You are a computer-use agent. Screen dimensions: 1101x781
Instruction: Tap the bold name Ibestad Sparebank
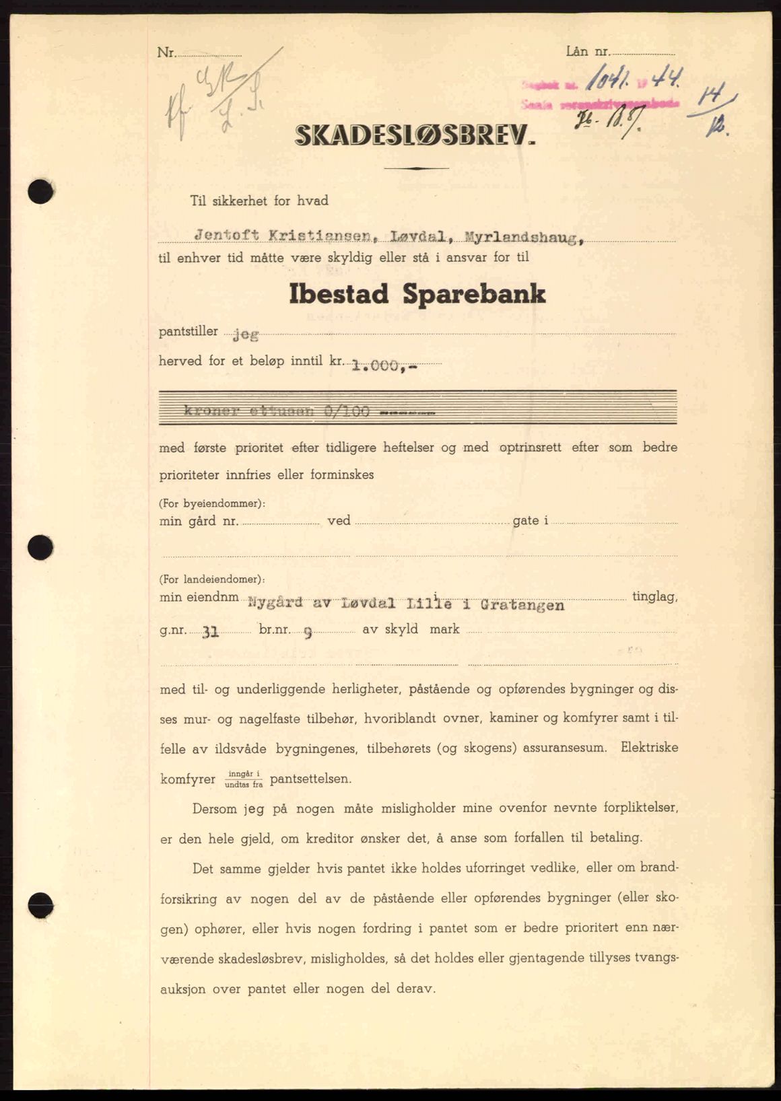[417, 295]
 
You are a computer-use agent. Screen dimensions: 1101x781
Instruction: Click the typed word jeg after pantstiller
[245, 334]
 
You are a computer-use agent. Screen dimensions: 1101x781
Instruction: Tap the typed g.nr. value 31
[210, 632]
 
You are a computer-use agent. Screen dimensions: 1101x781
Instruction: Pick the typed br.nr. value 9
[308, 632]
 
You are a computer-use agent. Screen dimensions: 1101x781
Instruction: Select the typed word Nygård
[273, 602]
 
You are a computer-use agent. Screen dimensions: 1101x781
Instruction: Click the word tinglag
[654, 597]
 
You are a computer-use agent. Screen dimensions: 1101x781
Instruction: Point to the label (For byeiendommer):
[212, 503]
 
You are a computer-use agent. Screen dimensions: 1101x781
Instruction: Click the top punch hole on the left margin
[40, 192]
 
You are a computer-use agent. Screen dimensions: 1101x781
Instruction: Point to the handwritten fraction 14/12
[716, 114]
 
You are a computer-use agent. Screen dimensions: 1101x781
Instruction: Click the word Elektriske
[649, 747]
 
